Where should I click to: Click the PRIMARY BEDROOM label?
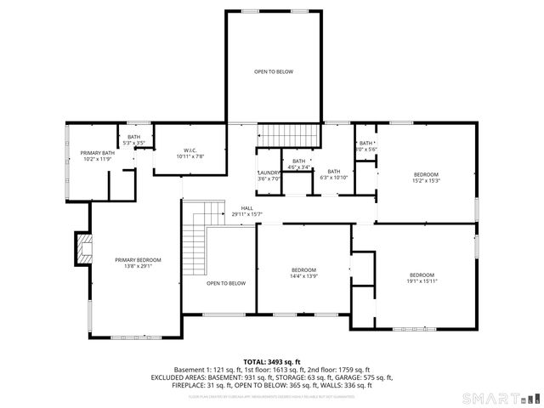[138, 259]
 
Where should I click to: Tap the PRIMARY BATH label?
[98, 153]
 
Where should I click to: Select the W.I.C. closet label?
[190, 151]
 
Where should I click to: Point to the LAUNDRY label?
[269, 173]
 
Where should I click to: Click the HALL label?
[246, 208]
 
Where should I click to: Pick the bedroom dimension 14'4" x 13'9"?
[304, 276]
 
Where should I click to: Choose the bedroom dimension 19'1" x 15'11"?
[422, 280]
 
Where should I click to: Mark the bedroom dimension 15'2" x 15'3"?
[426, 180]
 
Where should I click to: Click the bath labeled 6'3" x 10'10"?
[334, 177]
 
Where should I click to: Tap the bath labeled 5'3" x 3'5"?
[134, 143]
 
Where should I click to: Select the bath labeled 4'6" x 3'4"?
[298, 167]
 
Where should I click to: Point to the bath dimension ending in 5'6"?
[366, 149]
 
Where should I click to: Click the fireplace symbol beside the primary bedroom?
[82, 249]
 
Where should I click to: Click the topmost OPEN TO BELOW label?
[274, 71]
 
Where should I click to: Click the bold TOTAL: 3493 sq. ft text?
[272, 362]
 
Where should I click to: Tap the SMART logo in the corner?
[498, 398]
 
